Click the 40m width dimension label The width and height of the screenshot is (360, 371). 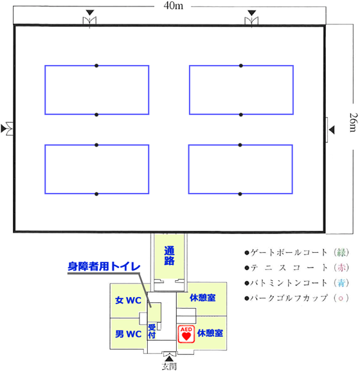pyautogui.click(x=173, y=6)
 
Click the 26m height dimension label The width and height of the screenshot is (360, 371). pyautogui.click(x=354, y=122)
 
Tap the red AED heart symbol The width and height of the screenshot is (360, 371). pyautogui.click(x=186, y=334)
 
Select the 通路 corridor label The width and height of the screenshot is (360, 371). pyautogui.click(x=169, y=255)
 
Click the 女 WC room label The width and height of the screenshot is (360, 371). pyautogui.click(x=128, y=300)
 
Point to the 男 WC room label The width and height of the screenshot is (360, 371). pyautogui.click(x=128, y=334)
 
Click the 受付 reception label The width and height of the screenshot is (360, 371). pyautogui.click(x=152, y=331)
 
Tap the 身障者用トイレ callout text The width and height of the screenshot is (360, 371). pyautogui.click(x=104, y=266)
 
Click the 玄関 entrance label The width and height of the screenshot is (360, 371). pyautogui.click(x=169, y=366)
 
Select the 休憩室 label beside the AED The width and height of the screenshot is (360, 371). pyautogui.click(x=210, y=333)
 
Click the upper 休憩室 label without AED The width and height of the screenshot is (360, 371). pyautogui.click(x=203, y=298)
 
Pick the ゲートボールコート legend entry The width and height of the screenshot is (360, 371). pyautogui.click(x=297, y=253)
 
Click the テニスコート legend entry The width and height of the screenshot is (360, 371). pyautogui.click(x=297, y=267)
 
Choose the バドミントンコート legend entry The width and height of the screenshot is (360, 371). pyautogui.click(x=297, y=283)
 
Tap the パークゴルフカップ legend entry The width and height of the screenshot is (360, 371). pyautogui.click(x=297, y=298)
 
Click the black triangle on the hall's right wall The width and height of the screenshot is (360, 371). pyautogui.click(x=332, y=130)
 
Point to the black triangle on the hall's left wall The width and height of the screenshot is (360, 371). pyautogui.click(x=3, y=129)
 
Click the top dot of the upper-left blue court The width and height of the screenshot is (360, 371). pyautogui.click(x=96, y=66)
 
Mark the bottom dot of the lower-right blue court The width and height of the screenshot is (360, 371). pyautogui.click(x=240, y=194)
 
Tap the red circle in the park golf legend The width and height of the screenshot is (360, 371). pyautogui.click(x=341, y=298)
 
